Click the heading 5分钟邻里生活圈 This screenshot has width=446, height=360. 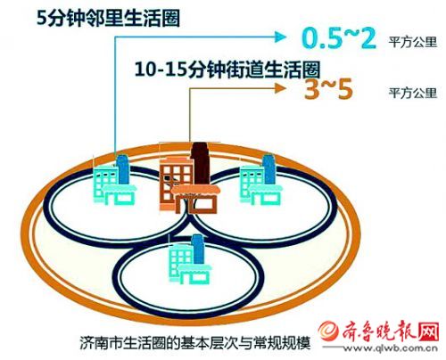pyautogui.click(x=108, y=18)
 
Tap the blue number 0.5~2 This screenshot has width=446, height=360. pyautogui.click(x=339, y=38)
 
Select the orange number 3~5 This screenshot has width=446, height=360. pyautogui.click(x=328, y=88)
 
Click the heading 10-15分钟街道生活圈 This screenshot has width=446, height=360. pyautogui.click(x=227, y=70)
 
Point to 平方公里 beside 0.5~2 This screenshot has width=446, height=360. pyautogui.click(x=413, y=42)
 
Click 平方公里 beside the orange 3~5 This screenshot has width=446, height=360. pyautogui.click(x=413, y=93)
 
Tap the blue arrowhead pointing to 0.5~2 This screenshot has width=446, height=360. pyautogui.click(x=280, y=37)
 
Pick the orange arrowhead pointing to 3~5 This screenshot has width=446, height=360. pyautogui.click(x=280, y=88)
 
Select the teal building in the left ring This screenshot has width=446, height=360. pyautogui.click(x=115, y=180)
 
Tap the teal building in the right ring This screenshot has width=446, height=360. pyautogui.click(x=260, y=180)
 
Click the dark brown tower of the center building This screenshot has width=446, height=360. pyautogui.click(x=201, y=164)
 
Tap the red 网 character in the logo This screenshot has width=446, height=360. pyautogui.click(x=429, y=331)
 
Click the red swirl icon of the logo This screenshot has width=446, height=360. pyautogui.click(x=329, y=331)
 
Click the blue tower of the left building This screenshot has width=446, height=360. pyautogui.click(x=122, y=168)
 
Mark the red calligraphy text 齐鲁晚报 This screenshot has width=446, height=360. pyautogui.click(x=379, y=331)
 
